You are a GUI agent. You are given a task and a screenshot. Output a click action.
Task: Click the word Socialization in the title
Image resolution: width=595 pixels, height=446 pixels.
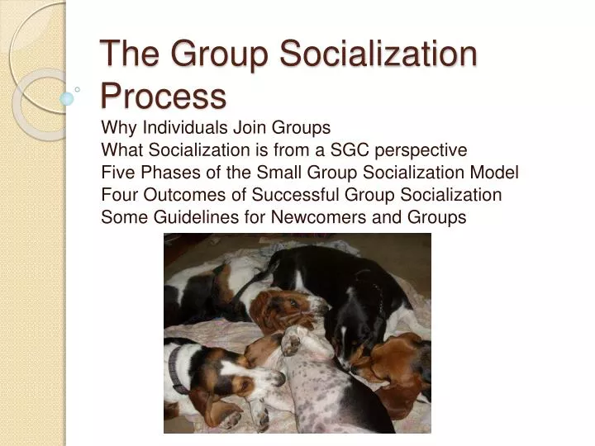[x=379, y=55]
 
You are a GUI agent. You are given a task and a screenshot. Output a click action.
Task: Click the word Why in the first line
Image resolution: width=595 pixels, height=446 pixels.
[x=118, y=128]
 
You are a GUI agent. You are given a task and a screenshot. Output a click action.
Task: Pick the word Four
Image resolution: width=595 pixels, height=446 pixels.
[x=117, y=195]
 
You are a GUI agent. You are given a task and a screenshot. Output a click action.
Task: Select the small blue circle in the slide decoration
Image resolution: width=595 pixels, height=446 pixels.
[x=67, y=98]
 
